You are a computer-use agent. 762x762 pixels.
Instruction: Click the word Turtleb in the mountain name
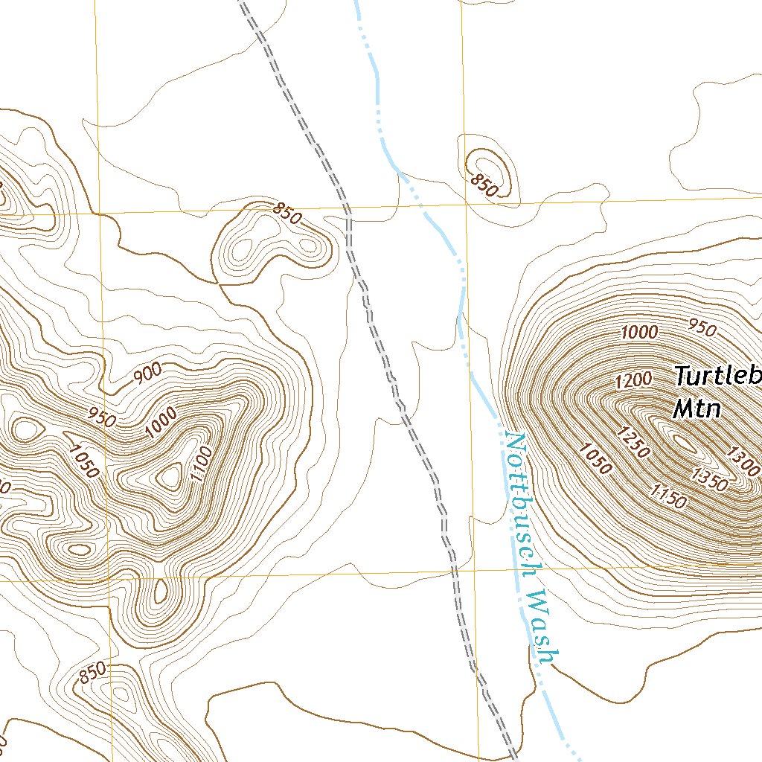pos(718,376)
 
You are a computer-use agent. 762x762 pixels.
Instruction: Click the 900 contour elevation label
pos(147,376)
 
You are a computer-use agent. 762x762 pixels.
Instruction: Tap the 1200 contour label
pos(633,380)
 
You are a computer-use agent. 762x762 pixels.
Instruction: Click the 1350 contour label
pos(708,480)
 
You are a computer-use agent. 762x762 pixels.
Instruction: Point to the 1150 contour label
pos(668,496)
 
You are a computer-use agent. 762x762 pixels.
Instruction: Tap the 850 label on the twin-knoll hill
pos(286,214)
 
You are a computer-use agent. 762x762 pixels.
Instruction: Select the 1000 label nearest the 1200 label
pos(639,332)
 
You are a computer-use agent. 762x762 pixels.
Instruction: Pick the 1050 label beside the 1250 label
pos(595,459)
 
